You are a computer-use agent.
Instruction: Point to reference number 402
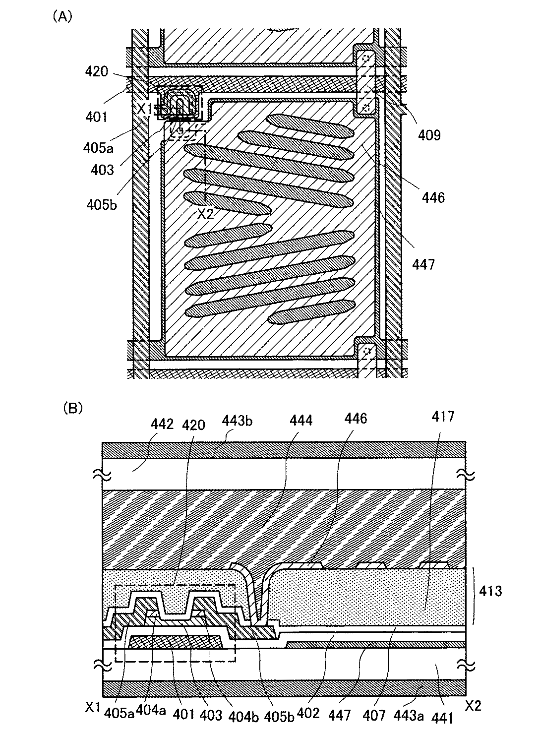pos(308,715)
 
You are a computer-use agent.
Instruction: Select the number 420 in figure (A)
pos(96,71)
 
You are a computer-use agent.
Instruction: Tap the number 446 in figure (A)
pos(433,197)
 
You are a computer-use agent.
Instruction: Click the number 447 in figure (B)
pos(343,715)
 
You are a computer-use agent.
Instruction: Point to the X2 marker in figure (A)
pos(205,214)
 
